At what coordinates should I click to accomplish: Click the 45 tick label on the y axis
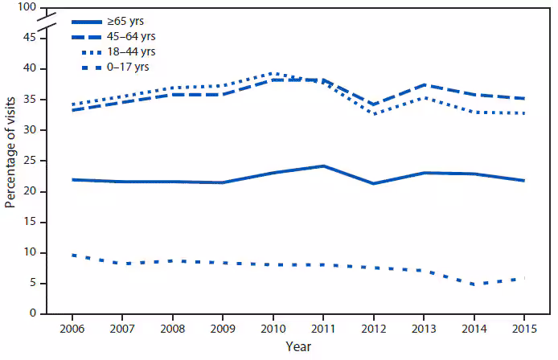[29, 38]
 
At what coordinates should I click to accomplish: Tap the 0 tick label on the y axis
[32, 313]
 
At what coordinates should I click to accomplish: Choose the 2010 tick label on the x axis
[273, 328]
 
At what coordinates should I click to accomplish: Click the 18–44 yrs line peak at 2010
[273, 73]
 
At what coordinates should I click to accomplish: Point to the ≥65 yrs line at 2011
[323, 166]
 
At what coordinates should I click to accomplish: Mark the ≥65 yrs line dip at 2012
[373, 183]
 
